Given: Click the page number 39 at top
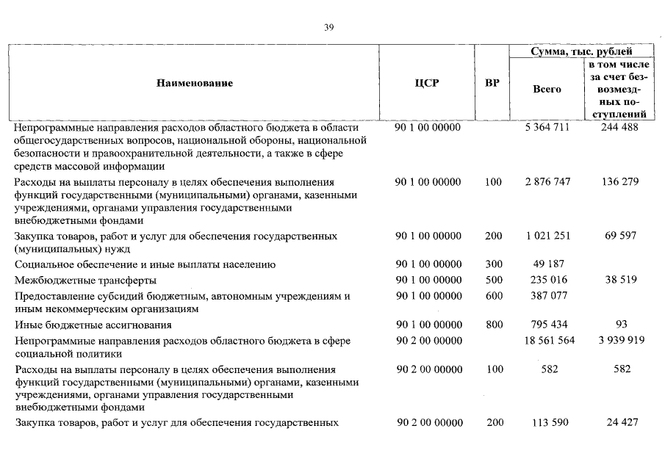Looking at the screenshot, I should click(x=329, y=28).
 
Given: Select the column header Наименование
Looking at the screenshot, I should click(x=195, y=83).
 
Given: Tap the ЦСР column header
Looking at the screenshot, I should click(x=427, y=83).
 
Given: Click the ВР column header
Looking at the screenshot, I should click(x=492, y=83).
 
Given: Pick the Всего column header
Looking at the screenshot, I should click(x=546, y=89).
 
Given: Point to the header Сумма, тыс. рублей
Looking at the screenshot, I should click(x=581, y=51).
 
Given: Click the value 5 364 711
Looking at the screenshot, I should click(x=547, y=128).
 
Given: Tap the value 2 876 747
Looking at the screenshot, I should click(x=547, y=182).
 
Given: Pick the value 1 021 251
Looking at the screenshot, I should click(x=547, y=236).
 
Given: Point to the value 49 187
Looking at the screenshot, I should click(x=547, y=264).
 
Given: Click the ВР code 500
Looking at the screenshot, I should click(x=494, y=281).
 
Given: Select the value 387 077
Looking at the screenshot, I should click(x=547, y=296).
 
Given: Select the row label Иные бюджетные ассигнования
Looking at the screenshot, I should click(x=93, y=325).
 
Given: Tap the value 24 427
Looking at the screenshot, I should click(x=622, y=423).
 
